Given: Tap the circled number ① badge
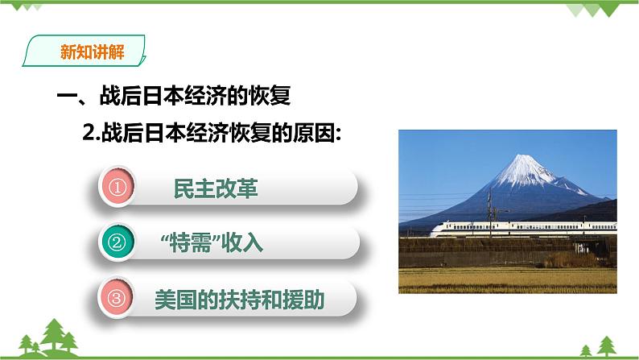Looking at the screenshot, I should pyautogui.click(x=118, y=188).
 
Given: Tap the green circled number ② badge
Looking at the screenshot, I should pyautogui.click(x=118, y=242).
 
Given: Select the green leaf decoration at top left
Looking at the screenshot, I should pyautogui.click(x=24, y=8).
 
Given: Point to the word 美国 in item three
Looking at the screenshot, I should pyautogui.click(x=171, y=299).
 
